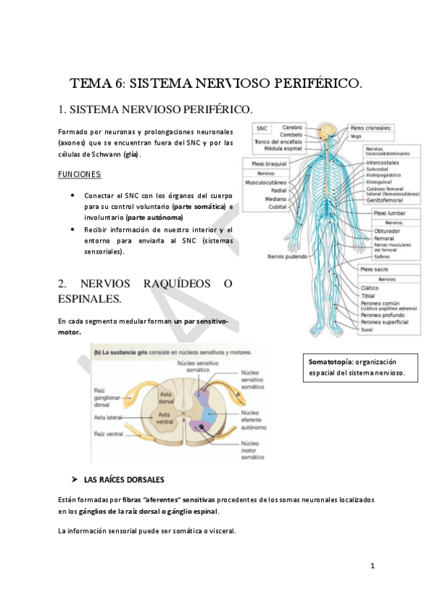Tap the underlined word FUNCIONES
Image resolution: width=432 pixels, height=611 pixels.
[x=80, y=174]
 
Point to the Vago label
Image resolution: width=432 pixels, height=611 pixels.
[x=356, y=135]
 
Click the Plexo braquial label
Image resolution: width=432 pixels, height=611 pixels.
[x=269, y=164]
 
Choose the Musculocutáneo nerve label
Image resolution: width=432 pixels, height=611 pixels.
[x=266, y=182]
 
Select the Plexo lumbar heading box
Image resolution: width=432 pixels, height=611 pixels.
[x=390, y=214]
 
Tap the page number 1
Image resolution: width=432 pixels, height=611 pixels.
[x=372, y=566]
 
